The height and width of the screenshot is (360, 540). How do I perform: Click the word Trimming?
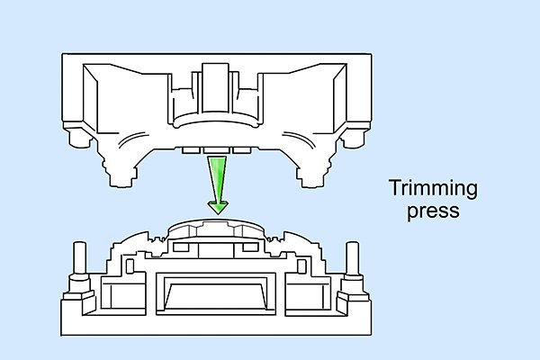coord(433,189)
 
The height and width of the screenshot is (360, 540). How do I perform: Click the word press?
coord(433,211)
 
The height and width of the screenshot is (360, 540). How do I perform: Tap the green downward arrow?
coord(218,185)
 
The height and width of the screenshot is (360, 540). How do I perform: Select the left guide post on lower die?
coord(80,257)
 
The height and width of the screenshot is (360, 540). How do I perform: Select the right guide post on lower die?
coord(352,257)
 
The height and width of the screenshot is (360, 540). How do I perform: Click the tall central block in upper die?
coord(215,88)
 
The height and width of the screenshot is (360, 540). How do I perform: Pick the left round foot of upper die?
coord(80,138)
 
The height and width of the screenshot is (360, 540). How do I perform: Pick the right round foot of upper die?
coord(352,138)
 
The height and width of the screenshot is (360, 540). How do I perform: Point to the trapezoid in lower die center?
coord(216,296)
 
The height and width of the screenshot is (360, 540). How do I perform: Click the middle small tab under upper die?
coord(216,150)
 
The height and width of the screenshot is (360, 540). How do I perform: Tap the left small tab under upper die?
coord(191,150)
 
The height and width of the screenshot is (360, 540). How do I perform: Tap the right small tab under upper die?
coord(242,150)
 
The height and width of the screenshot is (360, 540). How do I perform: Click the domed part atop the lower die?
coord(216,229)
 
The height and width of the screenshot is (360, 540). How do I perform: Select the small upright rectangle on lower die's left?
coord(130,266)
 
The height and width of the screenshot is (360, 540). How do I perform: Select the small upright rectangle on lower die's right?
coord(301,266)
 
